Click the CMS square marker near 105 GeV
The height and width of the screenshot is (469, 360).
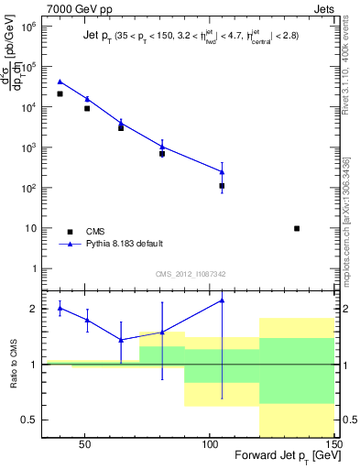222,186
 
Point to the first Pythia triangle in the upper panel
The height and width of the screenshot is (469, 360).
60,82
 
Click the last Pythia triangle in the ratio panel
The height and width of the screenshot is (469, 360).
222,300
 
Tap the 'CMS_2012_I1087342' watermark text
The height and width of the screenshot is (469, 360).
190,274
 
